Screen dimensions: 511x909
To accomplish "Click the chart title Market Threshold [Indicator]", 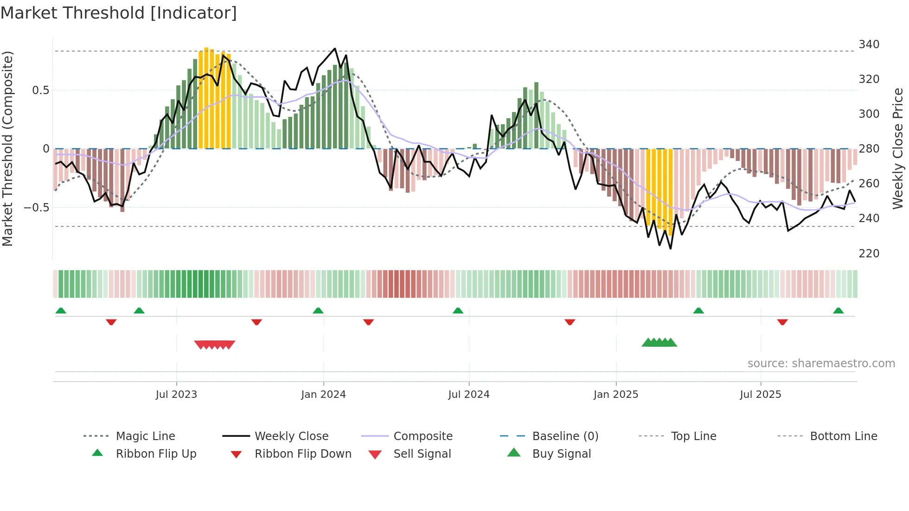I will tap(119, 13).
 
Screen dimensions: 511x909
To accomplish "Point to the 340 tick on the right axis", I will tap(869, 45).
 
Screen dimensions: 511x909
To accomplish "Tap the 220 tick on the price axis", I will tap(869, 254).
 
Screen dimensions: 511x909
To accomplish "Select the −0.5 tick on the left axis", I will tap(36, 207).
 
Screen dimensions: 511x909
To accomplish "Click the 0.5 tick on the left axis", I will tap(40, 90).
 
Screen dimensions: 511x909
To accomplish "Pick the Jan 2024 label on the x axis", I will tap(323, 395).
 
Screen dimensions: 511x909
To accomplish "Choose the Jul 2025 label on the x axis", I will tap(760, 395).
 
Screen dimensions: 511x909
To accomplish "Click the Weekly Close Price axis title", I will tap(898, 148).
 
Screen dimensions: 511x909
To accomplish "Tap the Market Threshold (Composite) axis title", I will tap(7, 148).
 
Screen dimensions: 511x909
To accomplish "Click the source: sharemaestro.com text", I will tap(821, 364).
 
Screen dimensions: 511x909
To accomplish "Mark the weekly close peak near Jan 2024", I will tap(335, 48).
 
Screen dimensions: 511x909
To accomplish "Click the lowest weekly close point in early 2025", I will tap(670, 249).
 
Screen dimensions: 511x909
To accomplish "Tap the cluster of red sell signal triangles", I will tap(214, 345).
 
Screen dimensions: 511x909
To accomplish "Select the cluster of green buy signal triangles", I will tap(659, 343).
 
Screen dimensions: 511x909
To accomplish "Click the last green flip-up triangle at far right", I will tap(838, 311).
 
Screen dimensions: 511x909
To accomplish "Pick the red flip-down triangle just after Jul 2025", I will tap(782, 322).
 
